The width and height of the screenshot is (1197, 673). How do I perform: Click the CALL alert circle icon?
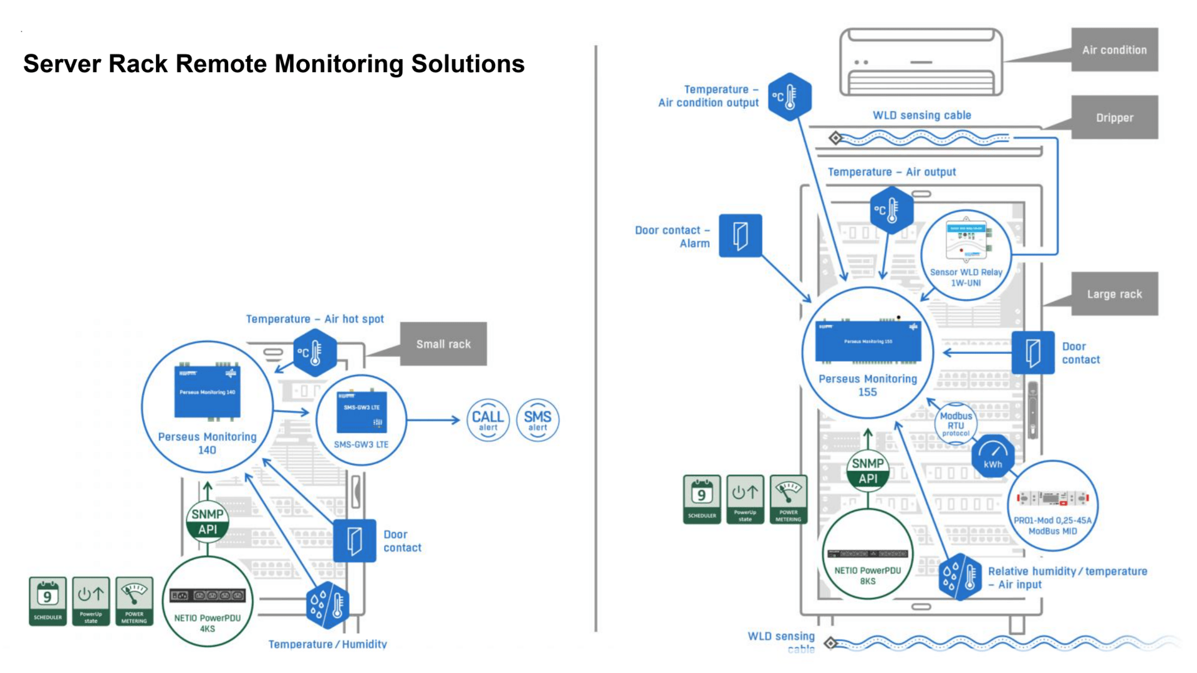[x=488, y=420]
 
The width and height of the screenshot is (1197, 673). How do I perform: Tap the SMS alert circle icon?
[x=537, y=420]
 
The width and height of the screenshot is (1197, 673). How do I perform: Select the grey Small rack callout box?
[x=443, y=344]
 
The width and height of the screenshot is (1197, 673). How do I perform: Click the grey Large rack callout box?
[x=1114, y=294]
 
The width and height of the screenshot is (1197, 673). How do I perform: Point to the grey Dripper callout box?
[x=1114, y=118]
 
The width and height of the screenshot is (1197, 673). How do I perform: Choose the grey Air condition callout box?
[x=1114, y=50]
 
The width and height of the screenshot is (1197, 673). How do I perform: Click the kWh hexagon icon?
[x=993, y=456]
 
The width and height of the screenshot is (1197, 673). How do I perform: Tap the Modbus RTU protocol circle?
[x=956, y=424]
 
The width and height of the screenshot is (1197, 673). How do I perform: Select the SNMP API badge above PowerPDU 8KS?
[x=868, y=471]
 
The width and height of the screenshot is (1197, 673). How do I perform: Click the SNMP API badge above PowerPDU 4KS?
[x=208, y=522]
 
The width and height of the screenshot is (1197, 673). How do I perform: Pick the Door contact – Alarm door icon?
[x=740, y=236]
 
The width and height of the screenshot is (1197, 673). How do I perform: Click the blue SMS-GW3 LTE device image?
[x=362, y=412]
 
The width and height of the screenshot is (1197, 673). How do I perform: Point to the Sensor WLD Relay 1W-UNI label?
[x=966, y=277]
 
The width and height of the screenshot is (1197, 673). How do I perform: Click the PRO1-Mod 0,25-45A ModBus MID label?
[x=1052, y=525]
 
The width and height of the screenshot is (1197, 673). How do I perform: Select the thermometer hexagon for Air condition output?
[x=789, y=97]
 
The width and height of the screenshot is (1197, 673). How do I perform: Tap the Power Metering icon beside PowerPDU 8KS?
[x=788, y=499]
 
